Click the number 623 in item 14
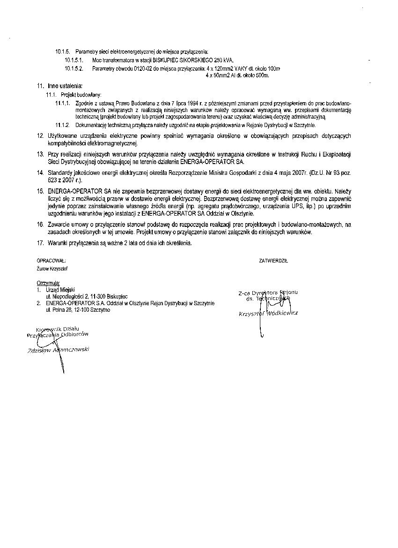coord(54,180)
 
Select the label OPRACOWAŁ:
coord(51,260)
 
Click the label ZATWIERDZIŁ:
coord(273,260)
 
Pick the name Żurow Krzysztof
coord(52,269)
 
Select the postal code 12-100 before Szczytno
coord(76,310)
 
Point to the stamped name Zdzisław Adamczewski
coord(59,351)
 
